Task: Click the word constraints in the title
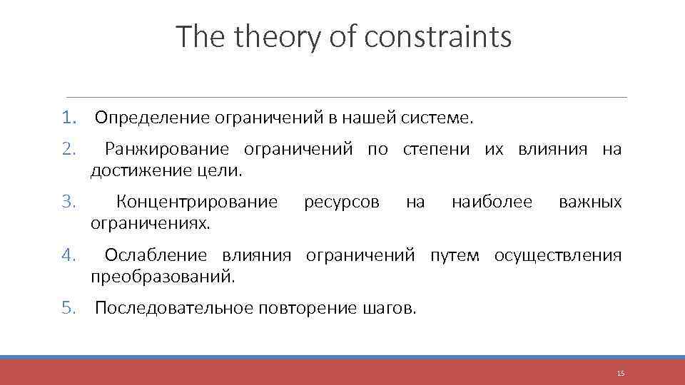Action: pyautogui.click(x=437, y=37)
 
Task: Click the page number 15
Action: pyautogui.click(x=620, y=373)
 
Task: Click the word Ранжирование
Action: pyautogui.click(x=166, y=149)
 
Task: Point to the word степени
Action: pyautogui.click(x=436, y=149)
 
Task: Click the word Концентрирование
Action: pyautogui.click(x=196, y=202)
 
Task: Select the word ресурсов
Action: pyautogui.click(x=342, y=202)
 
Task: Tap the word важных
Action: pyautogui.click(x=590, y=202)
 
